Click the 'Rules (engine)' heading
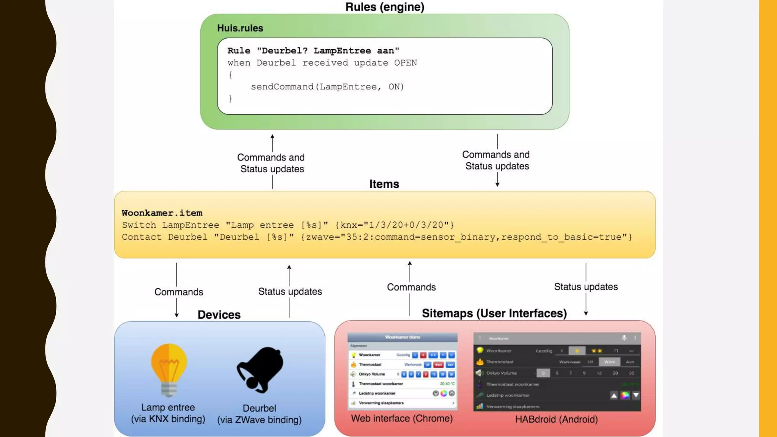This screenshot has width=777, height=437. (384, 7)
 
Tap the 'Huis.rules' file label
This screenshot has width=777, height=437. (240, 28)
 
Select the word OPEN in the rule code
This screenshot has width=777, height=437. (405, 63)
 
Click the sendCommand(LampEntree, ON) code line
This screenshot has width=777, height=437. (327, 87)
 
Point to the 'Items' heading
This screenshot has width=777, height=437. (384, 184)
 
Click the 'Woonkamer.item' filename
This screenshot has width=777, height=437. (162, 213)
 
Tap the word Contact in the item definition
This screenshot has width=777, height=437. (142, 237)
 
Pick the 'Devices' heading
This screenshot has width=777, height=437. (219, 315)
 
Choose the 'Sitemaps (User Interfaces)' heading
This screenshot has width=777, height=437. (494, 313)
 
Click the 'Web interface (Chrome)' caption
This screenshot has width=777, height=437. (402, 418)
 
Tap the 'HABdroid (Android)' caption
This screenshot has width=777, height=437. (556, 419)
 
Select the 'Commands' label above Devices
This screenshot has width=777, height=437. (178, 292)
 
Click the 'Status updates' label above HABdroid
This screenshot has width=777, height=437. (586, 287)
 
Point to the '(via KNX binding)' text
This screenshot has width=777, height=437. (168, 419)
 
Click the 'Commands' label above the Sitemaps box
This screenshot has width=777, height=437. (411, 287)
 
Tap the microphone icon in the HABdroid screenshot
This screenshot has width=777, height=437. (624, 338)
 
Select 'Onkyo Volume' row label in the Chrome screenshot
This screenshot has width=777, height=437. (372, 374)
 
